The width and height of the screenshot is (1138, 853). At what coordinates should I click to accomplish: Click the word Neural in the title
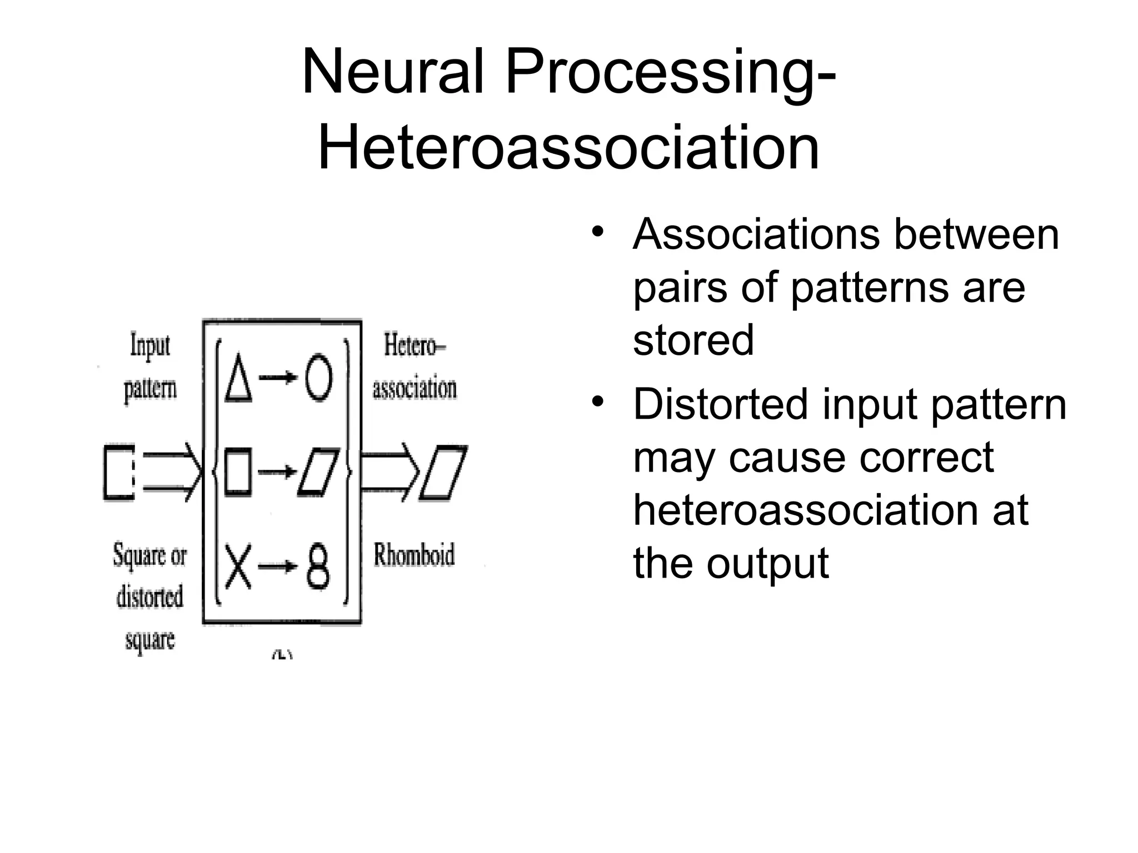point(393,73)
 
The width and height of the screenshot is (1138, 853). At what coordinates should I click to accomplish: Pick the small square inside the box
point(237,472)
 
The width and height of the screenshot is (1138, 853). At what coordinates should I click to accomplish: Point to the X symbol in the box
point(238,567)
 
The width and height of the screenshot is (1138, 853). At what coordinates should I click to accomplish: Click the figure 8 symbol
point(318,567)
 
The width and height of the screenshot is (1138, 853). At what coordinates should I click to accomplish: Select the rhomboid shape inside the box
point(318,472)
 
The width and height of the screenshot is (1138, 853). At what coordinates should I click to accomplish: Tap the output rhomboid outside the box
point(443,473)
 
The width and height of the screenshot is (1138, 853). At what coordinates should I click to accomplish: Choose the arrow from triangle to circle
point(278,378)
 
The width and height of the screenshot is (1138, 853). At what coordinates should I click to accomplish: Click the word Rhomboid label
point(414,555)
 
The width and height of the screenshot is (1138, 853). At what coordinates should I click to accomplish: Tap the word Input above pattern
point(149,345)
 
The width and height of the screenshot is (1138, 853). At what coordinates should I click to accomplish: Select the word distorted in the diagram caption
point(149,597)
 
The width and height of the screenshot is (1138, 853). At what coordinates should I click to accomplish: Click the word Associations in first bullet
point(756,235)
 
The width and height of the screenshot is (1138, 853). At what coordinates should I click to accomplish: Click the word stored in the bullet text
point(693,340)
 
